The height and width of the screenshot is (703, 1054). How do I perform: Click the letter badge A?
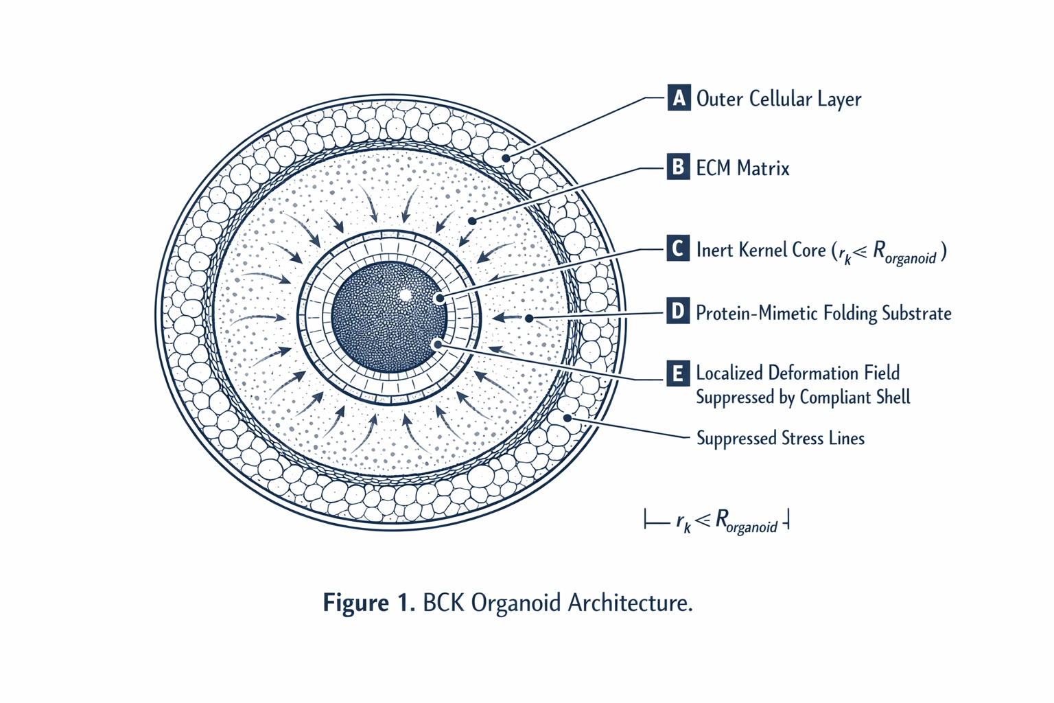[679, 97]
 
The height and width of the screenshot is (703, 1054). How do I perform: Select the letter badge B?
[679, 167]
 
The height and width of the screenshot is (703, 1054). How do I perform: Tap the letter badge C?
[678, 248]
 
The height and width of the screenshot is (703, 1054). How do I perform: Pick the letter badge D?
[678, 311]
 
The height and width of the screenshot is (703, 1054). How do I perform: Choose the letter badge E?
[678, 373]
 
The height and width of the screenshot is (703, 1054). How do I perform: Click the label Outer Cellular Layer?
[779, 99]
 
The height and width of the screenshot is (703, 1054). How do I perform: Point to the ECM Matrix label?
[742, 168]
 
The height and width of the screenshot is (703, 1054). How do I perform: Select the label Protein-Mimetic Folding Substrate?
[823, 313]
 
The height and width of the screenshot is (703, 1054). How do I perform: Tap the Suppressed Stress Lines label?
[781, 439]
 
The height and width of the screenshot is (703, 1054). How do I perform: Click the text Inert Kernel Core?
[761, 250]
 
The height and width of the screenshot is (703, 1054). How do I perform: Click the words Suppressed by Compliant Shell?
[804, 397]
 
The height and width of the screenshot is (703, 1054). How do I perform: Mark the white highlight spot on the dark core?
[405, 295]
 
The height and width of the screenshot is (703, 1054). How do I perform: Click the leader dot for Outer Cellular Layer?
[506, 158]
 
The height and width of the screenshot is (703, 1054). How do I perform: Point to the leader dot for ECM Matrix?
[472, 221]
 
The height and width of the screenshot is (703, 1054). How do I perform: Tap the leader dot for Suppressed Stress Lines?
[567, 417]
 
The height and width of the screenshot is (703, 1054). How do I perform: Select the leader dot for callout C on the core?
[439, 298]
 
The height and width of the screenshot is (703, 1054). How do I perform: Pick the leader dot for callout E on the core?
[438, 345]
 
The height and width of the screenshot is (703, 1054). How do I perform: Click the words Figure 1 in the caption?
[369, 602]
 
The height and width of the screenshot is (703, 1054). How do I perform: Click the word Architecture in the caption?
[630, 602]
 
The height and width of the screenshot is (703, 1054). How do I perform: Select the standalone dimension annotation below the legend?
[716, 521]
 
